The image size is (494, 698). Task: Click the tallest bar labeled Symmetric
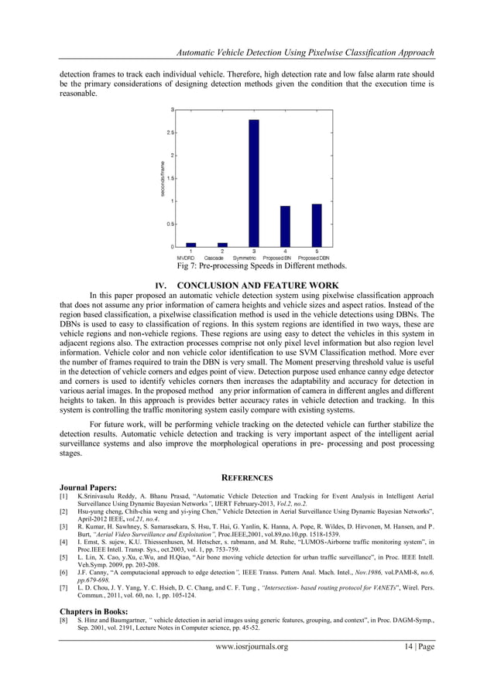[x=254, y=183]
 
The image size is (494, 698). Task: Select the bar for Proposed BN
[x=285, y=226]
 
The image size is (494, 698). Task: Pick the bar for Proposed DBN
[x=316, y=225]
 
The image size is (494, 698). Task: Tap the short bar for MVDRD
[x=191, y=244]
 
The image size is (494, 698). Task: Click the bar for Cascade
[x=223, y=244]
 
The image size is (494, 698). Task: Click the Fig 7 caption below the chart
[x=262, y=265]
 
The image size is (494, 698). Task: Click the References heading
[x=247, y=478]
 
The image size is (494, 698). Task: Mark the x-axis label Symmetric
[x=254, y=258]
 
